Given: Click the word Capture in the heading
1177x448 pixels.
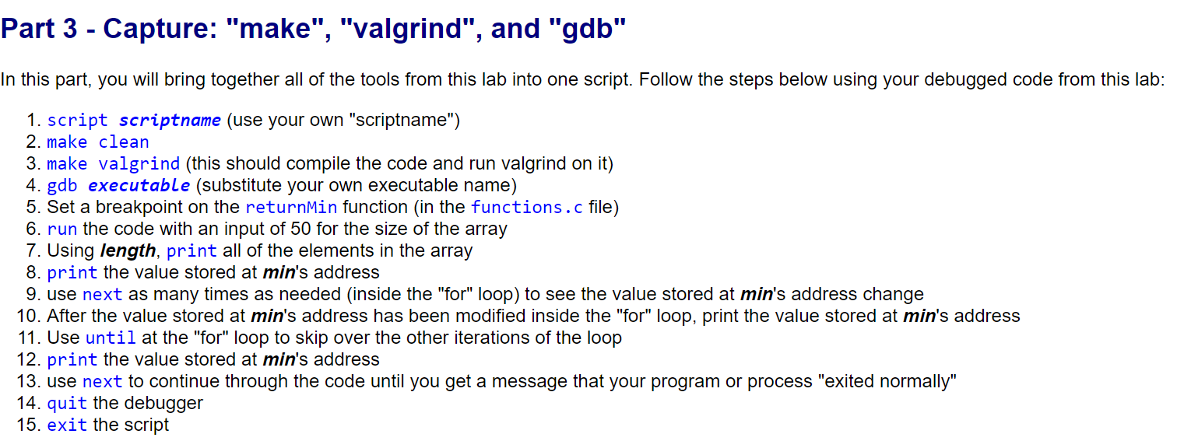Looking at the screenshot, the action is tap(160, 28).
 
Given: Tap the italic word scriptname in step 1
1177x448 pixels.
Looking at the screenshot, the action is tap(170, 121).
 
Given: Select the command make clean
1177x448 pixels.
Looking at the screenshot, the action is tap(98, 142).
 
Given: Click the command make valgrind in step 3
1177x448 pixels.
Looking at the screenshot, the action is tap(114, 164).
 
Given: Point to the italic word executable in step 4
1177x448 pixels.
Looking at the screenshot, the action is tap(139, 186).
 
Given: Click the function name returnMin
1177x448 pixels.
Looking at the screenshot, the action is tap(291, 208).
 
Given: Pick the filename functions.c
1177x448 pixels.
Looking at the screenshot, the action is tap(526, 208).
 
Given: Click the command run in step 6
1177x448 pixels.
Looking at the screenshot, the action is tap(62, 229).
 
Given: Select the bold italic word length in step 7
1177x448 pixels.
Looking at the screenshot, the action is tap(128, 251).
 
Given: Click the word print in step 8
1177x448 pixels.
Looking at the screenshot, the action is tap(72, 273).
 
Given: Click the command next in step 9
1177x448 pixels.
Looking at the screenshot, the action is tap(103, 295).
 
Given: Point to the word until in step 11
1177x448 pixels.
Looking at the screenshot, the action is tap(111, 338).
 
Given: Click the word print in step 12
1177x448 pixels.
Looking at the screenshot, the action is tap(72, 360).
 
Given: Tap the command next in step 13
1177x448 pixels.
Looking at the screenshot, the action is tap(103, 382).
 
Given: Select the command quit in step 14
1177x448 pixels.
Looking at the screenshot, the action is tap(67, 404).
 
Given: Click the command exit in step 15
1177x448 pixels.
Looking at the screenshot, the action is tap(67, 425).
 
